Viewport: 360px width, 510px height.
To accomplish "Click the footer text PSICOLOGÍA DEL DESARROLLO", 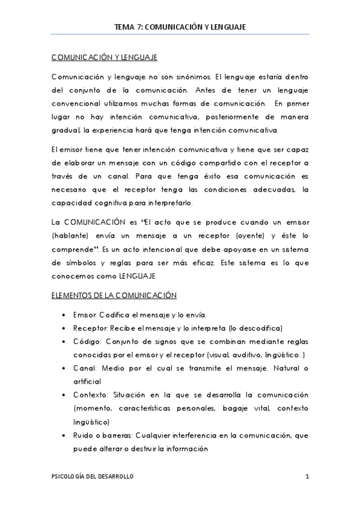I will pyautogui.click(x=92, y=476).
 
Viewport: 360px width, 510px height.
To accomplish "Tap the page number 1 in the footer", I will pyautogui.click(x=307, y=476).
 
